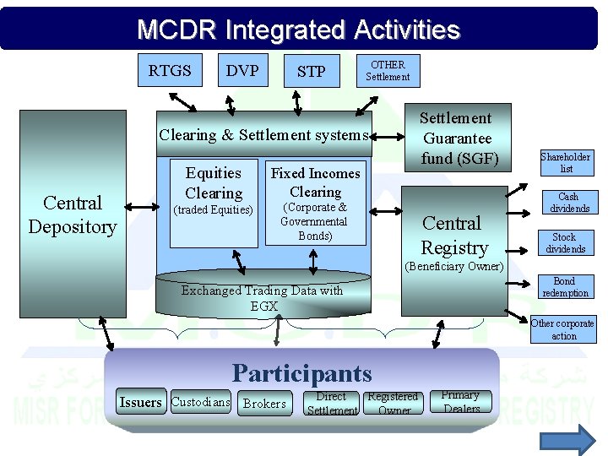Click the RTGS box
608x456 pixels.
pyautogui.click(x=170, y=71)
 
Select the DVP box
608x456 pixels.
pyautogui.click(x=242, y=71)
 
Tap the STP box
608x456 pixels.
pyautogui.click(x=311, y=72)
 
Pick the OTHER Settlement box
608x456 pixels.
pyautogui.click(x=388, y=71)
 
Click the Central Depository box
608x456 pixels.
pyautogui.click(x=73, y=214)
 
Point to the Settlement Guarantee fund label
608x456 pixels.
pyautogui.click(x=456, y=138)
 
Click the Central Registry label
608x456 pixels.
pyautogui.click(x=454, y=236)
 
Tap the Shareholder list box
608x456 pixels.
pyautogui.click(x=566, y=163)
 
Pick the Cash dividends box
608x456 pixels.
pyautogui.click(x=568, y=203)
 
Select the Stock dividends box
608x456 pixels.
pyautogui.click(x=565, y=243)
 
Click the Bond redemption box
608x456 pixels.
pyautogui.click(x=565, y=287)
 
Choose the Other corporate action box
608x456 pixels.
pyautogui.click(x=563, y=329)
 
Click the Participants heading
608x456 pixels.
pyautogui.click(x=301, y=372)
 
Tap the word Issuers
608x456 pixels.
pyautogui.click(x=140, y=403)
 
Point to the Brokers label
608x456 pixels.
pyautogui.click(x=264, y=404)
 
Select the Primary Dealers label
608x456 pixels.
pyautogui.click(x=461, y=402)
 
